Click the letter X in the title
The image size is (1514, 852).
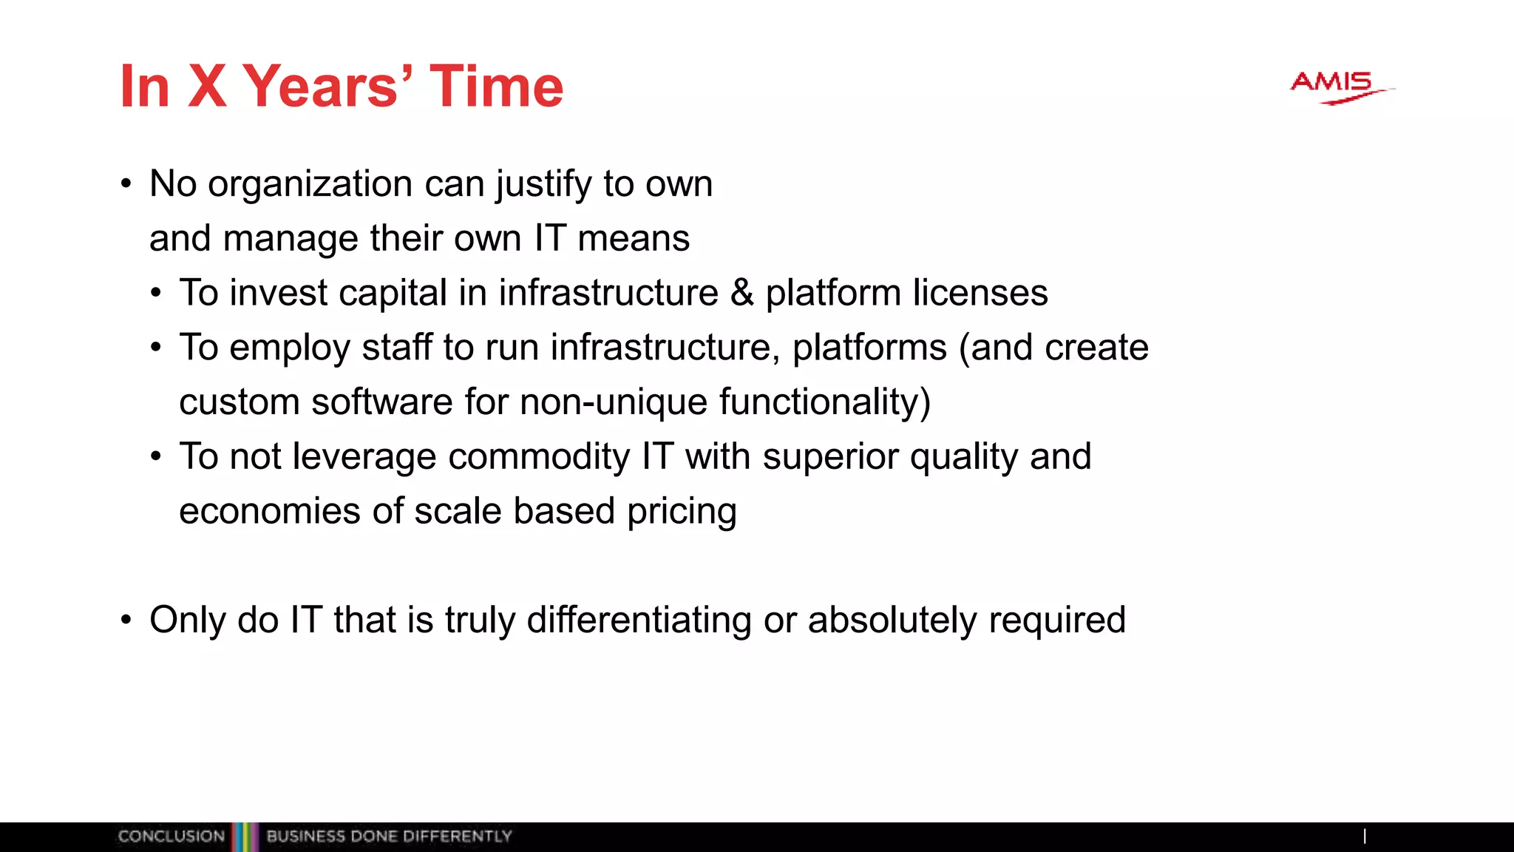207,87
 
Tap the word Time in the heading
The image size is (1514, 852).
496,87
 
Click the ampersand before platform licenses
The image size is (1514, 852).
741,292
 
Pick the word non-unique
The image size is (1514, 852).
614,402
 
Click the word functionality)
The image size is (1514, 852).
824,402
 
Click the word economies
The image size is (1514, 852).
270,511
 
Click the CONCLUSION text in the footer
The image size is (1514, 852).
171,836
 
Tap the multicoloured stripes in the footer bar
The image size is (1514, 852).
245,836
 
